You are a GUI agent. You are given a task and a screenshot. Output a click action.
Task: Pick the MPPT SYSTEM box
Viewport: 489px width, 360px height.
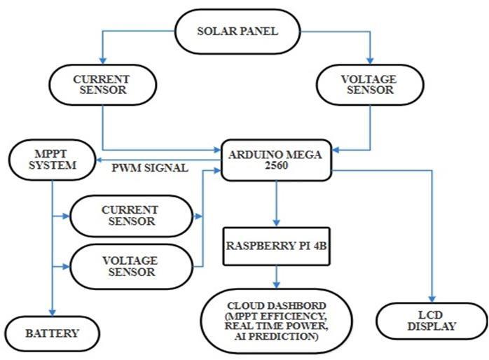52,160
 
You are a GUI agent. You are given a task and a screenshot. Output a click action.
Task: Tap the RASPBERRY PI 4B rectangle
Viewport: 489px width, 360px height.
276,246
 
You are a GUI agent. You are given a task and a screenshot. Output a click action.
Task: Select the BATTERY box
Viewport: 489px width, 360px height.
50,333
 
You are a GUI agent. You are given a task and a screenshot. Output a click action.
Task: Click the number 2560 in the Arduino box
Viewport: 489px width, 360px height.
276,169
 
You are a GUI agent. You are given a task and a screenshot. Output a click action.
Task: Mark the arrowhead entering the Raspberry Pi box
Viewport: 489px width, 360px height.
276,223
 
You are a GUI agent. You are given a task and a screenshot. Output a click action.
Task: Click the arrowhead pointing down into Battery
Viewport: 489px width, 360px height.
51,312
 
